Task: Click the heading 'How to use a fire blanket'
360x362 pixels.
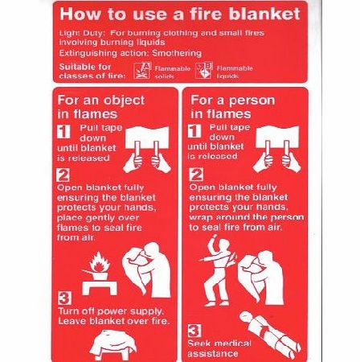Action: pyautogui.click(x=180, y=14)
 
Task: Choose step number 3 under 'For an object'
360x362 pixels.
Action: pyautogui.click(x=63, y=300)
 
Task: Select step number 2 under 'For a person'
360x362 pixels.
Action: pyautogui.click(x=194, y=174)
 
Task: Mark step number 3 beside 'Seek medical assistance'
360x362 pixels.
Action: pyautogui.click(x=194, y=330)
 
